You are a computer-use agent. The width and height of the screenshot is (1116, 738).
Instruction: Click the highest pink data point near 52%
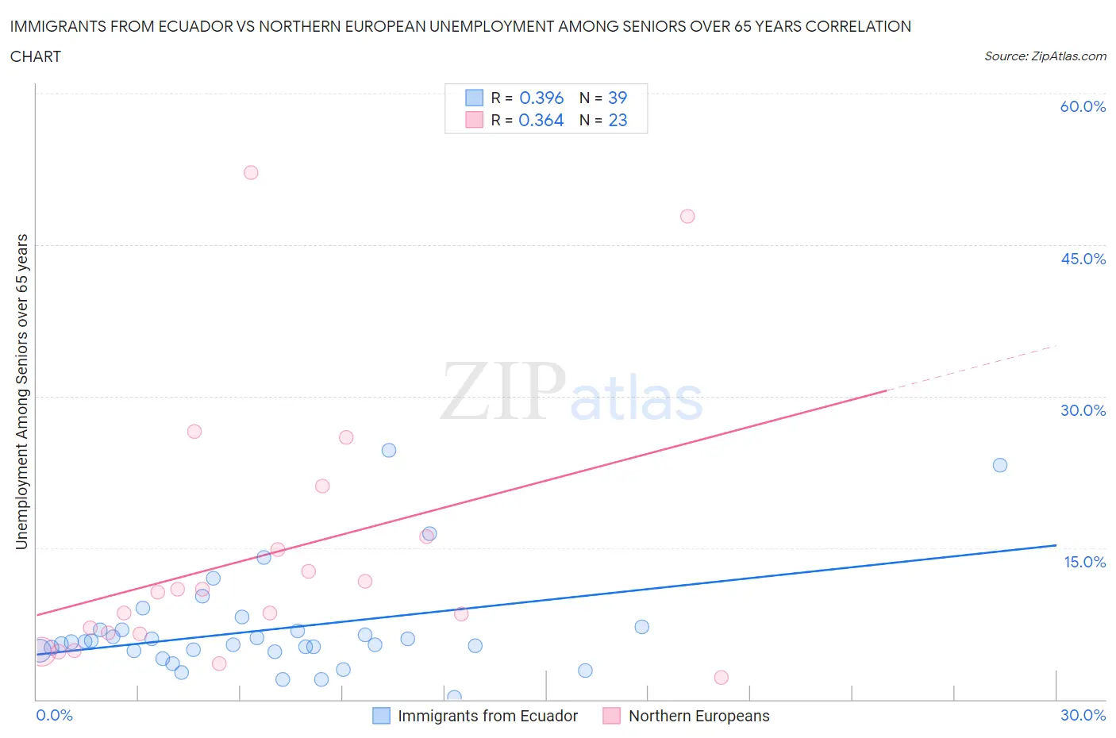tap(251, 172)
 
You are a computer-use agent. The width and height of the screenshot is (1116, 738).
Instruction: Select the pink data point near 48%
tap(687, 216)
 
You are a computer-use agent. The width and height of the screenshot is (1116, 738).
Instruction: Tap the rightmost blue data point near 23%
tap(1000, 465)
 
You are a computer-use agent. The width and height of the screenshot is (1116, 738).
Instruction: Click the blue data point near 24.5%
tap(389, 450)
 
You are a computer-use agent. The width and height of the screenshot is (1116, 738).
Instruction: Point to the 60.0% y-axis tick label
tap(1083, 106)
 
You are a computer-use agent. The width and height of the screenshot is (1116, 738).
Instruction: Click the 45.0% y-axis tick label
tap(1083, 259)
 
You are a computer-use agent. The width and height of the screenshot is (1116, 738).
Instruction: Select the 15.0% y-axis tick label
tap(1084, 562)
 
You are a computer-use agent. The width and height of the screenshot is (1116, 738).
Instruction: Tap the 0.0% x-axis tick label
tap(54, 715)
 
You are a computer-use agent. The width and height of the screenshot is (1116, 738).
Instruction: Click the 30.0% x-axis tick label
tap(1083, 715)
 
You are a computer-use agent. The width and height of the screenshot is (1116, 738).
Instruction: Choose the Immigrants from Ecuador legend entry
tap(487, 716)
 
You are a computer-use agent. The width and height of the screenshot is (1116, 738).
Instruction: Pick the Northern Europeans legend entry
tap(698, 716)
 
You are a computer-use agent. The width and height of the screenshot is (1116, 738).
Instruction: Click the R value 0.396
tap(541, 98)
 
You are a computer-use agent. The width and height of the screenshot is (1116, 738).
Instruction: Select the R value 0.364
tap(541, 120)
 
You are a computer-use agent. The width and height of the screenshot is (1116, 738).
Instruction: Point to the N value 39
tap(618, 98)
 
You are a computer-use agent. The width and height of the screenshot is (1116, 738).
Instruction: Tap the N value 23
tap(618, 120)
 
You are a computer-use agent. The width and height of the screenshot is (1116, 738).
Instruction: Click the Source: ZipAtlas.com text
tap(1045, 56)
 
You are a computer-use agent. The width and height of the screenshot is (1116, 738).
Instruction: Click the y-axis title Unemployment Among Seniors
tap(21, 391)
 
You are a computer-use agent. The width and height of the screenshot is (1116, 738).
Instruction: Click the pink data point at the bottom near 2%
tap(721, 677)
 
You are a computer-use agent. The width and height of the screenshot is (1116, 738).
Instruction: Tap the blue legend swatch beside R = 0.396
tap(474, 98)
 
